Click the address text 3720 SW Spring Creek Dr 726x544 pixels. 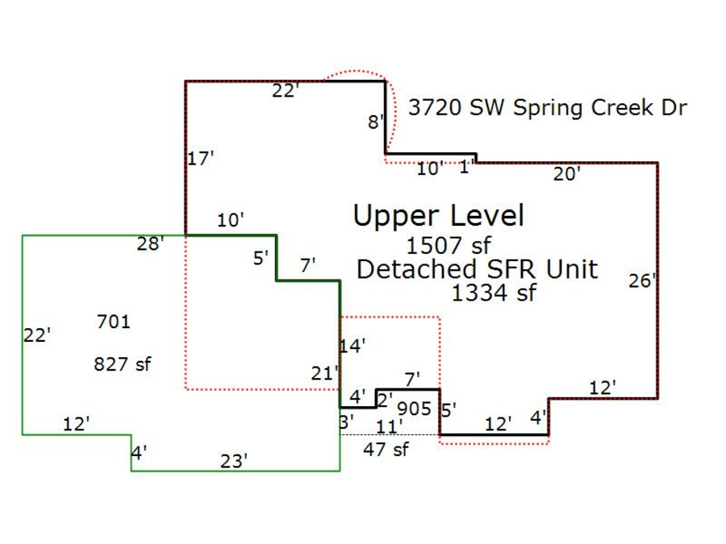547,108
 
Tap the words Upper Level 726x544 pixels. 438,216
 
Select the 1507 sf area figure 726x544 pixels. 449,245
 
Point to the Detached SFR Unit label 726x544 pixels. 477,269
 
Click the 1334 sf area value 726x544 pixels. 493,293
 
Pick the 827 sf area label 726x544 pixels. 123,364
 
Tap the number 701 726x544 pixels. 113,322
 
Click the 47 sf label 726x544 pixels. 386,450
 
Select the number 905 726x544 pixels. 415,409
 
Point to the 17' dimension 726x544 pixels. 200,159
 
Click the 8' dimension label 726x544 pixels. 376,123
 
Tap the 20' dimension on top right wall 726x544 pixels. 566,173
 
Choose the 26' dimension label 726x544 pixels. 642,281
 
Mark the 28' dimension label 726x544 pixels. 150,244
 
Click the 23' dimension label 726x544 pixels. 234,461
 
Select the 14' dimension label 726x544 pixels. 353,347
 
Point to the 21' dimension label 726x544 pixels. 323,373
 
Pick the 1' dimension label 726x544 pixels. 465,168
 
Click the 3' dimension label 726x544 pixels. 346,421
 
